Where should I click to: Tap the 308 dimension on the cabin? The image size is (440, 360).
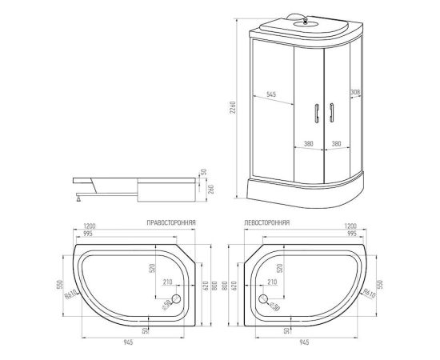coord(355,94)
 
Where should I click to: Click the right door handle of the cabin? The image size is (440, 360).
coord(329,114)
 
